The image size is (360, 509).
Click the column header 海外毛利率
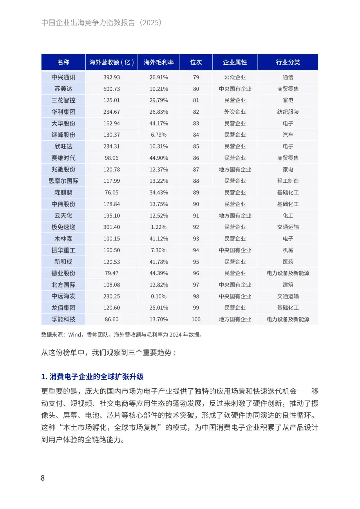[x=159, y=62]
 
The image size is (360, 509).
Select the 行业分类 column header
[x=288, y=62]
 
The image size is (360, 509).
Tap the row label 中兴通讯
[x=63, y=77]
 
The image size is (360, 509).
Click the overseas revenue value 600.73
[x=111, y=89]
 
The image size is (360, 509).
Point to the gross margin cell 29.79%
[x=159, y=100]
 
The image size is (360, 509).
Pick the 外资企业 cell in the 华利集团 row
[x=235, y=112]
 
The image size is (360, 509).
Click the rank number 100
[x=196, y=320]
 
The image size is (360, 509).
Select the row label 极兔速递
[x=63, y=227]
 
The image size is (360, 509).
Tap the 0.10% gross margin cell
[x=159, y=297]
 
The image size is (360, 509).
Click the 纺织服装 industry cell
[x=288, y=112]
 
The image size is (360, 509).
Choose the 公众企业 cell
[x=235, y=77]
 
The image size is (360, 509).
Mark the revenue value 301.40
[x=111, y=227]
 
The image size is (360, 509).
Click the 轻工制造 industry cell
[x=288, y=181]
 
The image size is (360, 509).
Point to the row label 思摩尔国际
[x=63, y=181]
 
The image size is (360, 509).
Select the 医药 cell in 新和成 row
[x=288, y=262]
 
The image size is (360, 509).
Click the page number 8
[x=43, y=478]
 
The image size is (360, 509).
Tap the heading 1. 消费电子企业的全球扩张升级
[x=92, y=377]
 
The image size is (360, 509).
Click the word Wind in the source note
[x=75, y=335]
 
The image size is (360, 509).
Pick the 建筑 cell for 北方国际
[x=288, y=285]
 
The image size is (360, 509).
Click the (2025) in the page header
[x=151, y=23]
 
